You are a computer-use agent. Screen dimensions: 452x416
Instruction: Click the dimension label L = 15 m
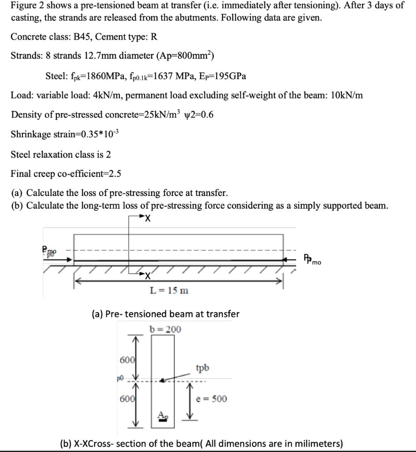[x=169, y=290]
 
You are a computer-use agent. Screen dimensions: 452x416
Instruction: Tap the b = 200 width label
[x=165, y=329]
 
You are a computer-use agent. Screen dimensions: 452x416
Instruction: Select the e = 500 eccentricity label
[x=212, y=399]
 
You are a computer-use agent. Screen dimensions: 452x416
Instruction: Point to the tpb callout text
[x=203, y=367]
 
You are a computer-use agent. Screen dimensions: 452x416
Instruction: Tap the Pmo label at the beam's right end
[x=312, y=259]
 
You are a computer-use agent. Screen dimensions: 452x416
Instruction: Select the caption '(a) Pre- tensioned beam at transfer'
[x=165, y=314]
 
